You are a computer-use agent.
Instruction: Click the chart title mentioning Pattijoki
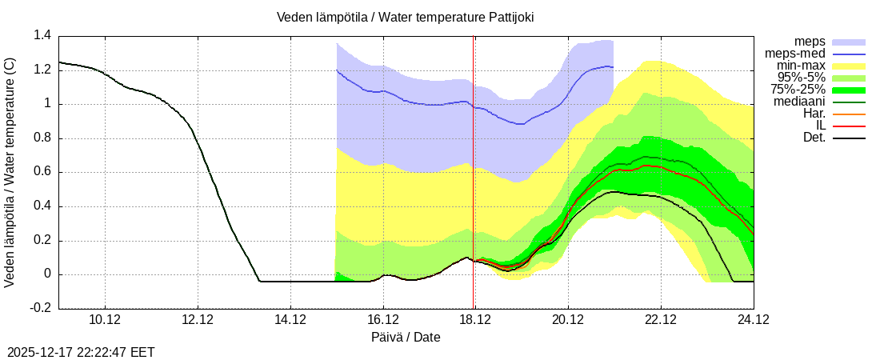(x=406, y=17)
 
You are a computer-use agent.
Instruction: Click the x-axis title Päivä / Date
(x=406, y=337)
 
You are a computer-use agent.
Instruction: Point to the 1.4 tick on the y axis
(x=42, y=35)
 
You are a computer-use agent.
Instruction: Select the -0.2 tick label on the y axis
(x=41, y=308)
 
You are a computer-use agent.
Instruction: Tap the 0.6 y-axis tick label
(x=42, y=172)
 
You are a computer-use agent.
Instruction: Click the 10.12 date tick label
(x=106, y=321)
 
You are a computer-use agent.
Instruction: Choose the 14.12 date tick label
(x=290, y=321)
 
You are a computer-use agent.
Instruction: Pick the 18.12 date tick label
(x=475, y=321)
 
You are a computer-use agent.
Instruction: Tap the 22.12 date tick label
(x=660, y=321)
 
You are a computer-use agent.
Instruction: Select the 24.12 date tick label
(x=753, y=321)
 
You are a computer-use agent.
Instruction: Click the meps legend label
(x=810, y=42)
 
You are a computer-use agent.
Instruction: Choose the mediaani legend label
(x=799, y=102)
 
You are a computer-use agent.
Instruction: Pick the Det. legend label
(x=814, y=138)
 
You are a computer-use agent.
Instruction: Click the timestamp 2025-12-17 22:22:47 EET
(x=81, y=351)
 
